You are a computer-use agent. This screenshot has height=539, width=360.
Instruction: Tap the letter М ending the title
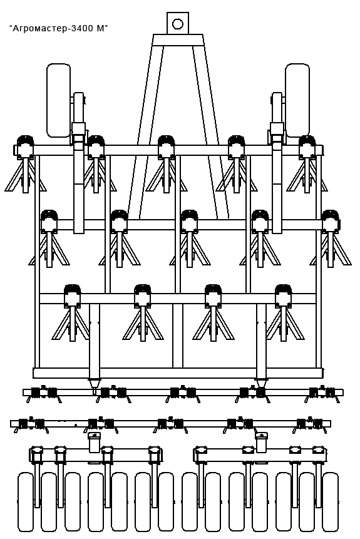tap(100, 29)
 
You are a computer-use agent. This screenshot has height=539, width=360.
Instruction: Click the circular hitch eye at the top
tap(178, 24)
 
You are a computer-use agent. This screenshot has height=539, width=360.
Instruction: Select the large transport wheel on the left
tap(58, 100)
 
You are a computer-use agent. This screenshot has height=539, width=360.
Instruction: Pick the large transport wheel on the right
tap(297, 100)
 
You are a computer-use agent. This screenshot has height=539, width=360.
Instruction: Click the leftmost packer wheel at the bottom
tap(26, 502)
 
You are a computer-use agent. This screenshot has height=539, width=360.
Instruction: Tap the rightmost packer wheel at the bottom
tap(330, 502)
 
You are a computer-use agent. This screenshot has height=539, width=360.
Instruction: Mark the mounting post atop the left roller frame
tap(94, 442)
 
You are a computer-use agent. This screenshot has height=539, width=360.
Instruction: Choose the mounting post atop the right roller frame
tap(261, 442)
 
